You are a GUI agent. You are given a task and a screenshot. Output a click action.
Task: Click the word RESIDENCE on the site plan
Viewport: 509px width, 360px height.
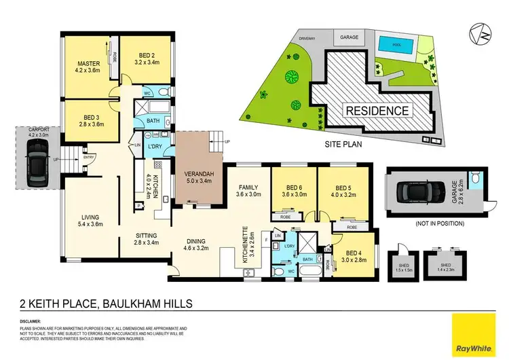[x=379, y=111]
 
